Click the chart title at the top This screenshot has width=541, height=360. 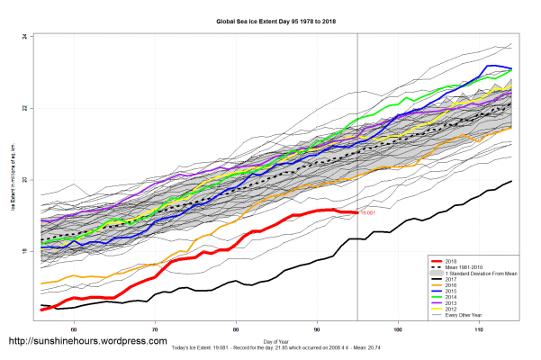[x=270, y=19]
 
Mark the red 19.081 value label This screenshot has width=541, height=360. [x=367, y=213]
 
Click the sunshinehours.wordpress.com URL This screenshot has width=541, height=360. [x=87, y=342]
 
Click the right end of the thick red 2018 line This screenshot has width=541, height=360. [x=356, y=211]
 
